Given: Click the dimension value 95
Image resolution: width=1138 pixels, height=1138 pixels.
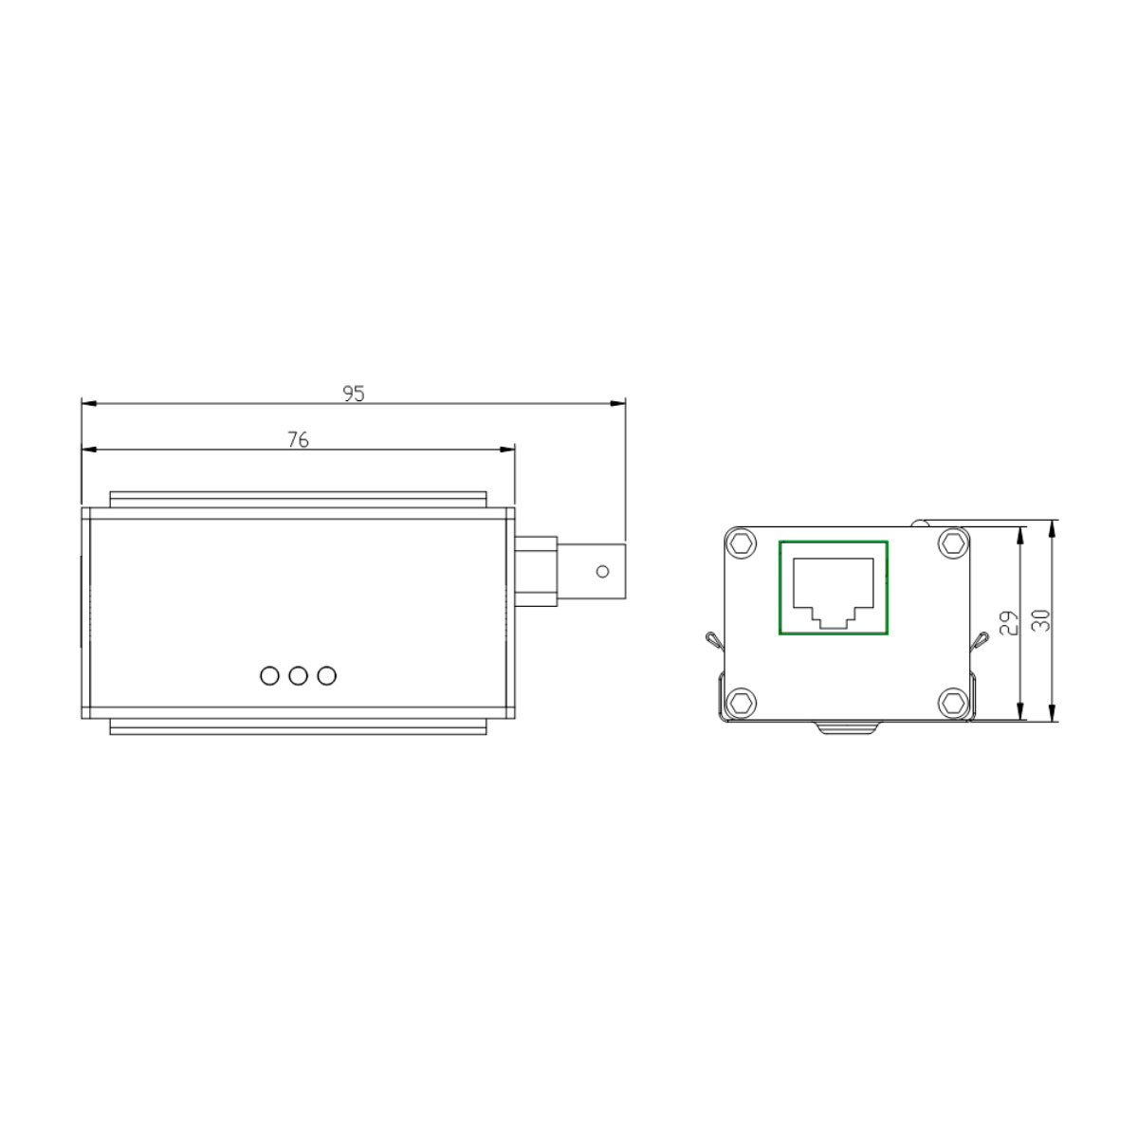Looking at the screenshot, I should click(x=354, y=394).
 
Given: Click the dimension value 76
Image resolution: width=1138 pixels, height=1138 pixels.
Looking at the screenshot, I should click(x=298, y=439).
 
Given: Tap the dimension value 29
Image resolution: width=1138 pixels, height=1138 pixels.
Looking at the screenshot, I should click(x=1008, y=621).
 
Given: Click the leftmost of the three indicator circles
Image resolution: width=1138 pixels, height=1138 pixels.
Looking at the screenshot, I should click(x=270, y=675).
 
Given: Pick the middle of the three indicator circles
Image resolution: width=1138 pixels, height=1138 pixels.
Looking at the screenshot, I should click(x=299, y=675).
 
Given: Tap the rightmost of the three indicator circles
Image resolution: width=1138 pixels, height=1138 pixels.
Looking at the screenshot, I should click(x=327, y=675).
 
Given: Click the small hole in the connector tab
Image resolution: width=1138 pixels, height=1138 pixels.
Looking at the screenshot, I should click(x=601, y=571).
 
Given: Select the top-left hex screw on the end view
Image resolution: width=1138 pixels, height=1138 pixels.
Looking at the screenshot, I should click(x=743, y=543).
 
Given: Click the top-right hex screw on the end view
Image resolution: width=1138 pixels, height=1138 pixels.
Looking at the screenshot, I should click(x=951, y=543).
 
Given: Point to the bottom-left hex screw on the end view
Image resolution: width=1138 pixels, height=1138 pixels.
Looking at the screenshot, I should click(x=743, y=703).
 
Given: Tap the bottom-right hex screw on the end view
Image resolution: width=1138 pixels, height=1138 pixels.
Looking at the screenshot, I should click(x=951, y=703).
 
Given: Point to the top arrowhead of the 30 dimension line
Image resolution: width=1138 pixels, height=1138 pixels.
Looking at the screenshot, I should click(x=1055, y=527).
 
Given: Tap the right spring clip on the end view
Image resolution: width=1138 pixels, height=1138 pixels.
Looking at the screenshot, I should click(x=978, y=641).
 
